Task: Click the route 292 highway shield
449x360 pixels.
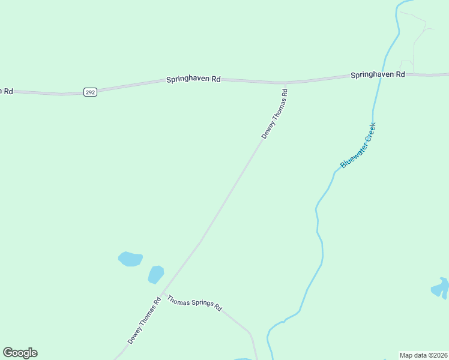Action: (x=90, y=92)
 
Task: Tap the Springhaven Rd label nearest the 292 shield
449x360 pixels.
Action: (x=194, y=79)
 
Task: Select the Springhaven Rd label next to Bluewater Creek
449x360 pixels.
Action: (x=378, y=75)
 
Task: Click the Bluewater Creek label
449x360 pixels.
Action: (x=358, y=145)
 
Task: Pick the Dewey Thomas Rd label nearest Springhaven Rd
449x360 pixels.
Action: (x=275, y=114)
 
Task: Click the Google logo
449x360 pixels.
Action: (x=20, y=353)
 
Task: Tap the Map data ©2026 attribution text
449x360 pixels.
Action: (x=423, y=355)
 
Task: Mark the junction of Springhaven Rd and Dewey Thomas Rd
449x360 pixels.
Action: (x=284, y=83)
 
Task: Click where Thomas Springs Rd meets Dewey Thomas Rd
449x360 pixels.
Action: (x=163, y=293)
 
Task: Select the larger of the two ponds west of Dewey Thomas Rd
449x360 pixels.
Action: (x=130, y=259)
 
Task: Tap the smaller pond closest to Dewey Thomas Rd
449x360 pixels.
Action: (x=156, y=274)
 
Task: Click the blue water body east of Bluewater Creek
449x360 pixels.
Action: (x=441, y=288)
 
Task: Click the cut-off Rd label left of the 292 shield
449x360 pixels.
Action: (x=7, y=91)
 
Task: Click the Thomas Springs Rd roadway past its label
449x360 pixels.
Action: (x=240, y=324)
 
